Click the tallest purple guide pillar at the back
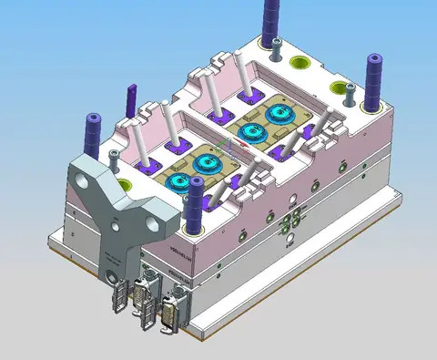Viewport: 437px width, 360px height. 272,20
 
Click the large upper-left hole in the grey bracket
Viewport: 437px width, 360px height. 88,182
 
